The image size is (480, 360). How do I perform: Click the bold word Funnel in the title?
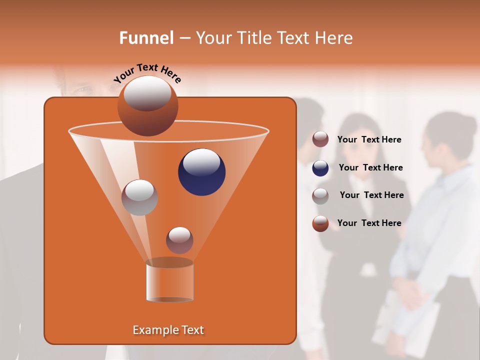(146, 38)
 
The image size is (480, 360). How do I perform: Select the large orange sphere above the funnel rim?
(147, 105)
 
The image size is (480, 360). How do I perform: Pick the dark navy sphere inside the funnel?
(201, 172)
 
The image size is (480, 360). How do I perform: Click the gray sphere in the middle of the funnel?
(139, 197)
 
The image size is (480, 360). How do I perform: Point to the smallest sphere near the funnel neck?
(179, 240)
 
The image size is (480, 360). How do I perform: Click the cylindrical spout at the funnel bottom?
(169, 281)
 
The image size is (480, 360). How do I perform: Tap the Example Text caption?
(168, 330)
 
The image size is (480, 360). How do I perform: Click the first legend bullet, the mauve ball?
(320, 139)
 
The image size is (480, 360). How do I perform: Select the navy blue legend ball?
(320, 168)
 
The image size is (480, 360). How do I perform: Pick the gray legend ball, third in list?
(320, 196)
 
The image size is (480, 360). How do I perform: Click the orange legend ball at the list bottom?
(320, 223)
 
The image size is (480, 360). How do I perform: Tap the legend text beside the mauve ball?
(369, 140)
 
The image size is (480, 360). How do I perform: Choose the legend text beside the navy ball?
(370, 168)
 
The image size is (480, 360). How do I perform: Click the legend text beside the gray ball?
(371, 195)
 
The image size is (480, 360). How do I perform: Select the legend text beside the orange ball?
(369, 223)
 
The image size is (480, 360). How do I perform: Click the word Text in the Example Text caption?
(190, 330)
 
